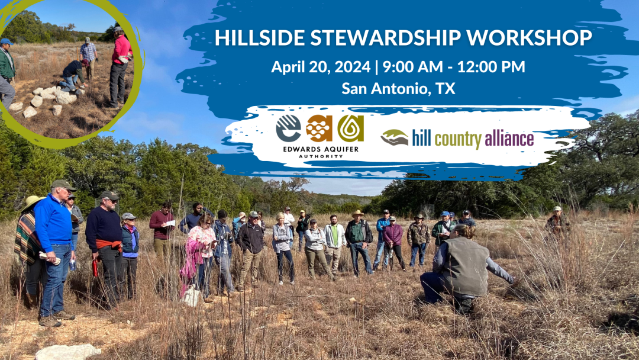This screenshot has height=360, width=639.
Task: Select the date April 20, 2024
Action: tap(321, 67)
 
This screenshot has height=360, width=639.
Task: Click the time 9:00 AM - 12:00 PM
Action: tap(454, 67)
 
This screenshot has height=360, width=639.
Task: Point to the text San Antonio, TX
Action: tap(398, 88)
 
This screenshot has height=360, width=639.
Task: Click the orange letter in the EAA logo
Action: tap(319, 128)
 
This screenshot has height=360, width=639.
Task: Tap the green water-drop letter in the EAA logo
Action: tap(350, 128)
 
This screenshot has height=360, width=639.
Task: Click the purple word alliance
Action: tap(509, 139)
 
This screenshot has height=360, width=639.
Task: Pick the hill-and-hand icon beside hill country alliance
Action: tap(395, 138)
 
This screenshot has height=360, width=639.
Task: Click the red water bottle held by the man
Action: tap(95, 268)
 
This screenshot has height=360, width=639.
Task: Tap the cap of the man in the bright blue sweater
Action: tap(63, 185)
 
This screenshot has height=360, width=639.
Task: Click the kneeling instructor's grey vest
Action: tap(467, 266)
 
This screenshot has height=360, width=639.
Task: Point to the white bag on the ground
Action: tap(191, 295)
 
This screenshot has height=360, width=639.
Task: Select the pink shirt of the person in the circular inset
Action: tap(121, 49)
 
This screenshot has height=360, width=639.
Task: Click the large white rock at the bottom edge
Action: tap(68, 352)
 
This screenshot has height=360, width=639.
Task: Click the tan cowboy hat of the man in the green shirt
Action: tap(358, 213)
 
